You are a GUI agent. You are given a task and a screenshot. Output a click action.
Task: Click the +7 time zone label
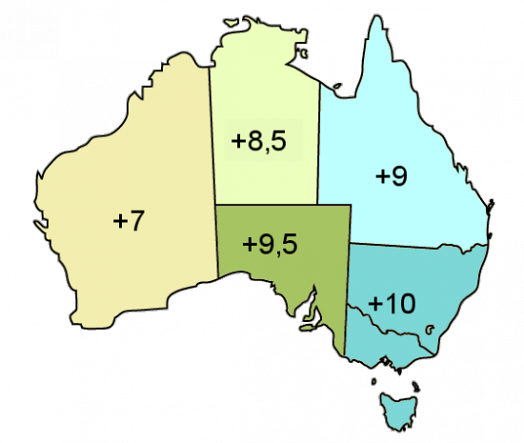tap(128, 220)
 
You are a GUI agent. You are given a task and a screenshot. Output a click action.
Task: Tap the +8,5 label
tap(259, 141)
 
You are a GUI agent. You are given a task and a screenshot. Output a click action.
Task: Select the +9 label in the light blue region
tap(393, 176)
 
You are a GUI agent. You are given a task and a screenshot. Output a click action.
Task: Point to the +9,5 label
tap(270, 244)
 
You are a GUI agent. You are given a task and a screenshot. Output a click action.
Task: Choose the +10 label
tap(391, 304)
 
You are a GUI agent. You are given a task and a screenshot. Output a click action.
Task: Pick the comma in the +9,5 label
tap(275, 252)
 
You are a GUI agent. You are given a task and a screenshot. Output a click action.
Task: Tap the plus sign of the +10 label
tap(374, 305)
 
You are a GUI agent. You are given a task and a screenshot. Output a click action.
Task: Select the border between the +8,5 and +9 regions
tap(319, 143)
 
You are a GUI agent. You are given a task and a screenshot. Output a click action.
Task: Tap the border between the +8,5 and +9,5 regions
tap(267, 204)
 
